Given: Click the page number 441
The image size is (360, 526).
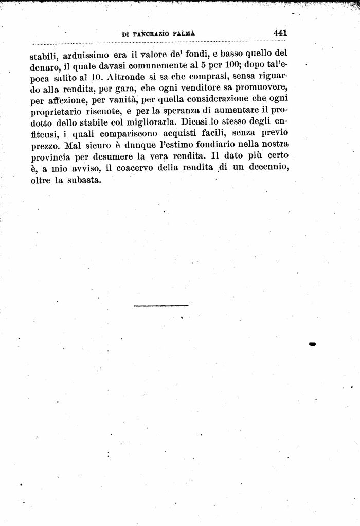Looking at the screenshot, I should pos(280,32).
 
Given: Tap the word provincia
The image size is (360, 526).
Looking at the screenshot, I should pos(51,159).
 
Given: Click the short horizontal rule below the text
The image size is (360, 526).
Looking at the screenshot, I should pos(161,306).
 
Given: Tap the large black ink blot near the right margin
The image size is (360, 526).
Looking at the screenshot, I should pos(312,344).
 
